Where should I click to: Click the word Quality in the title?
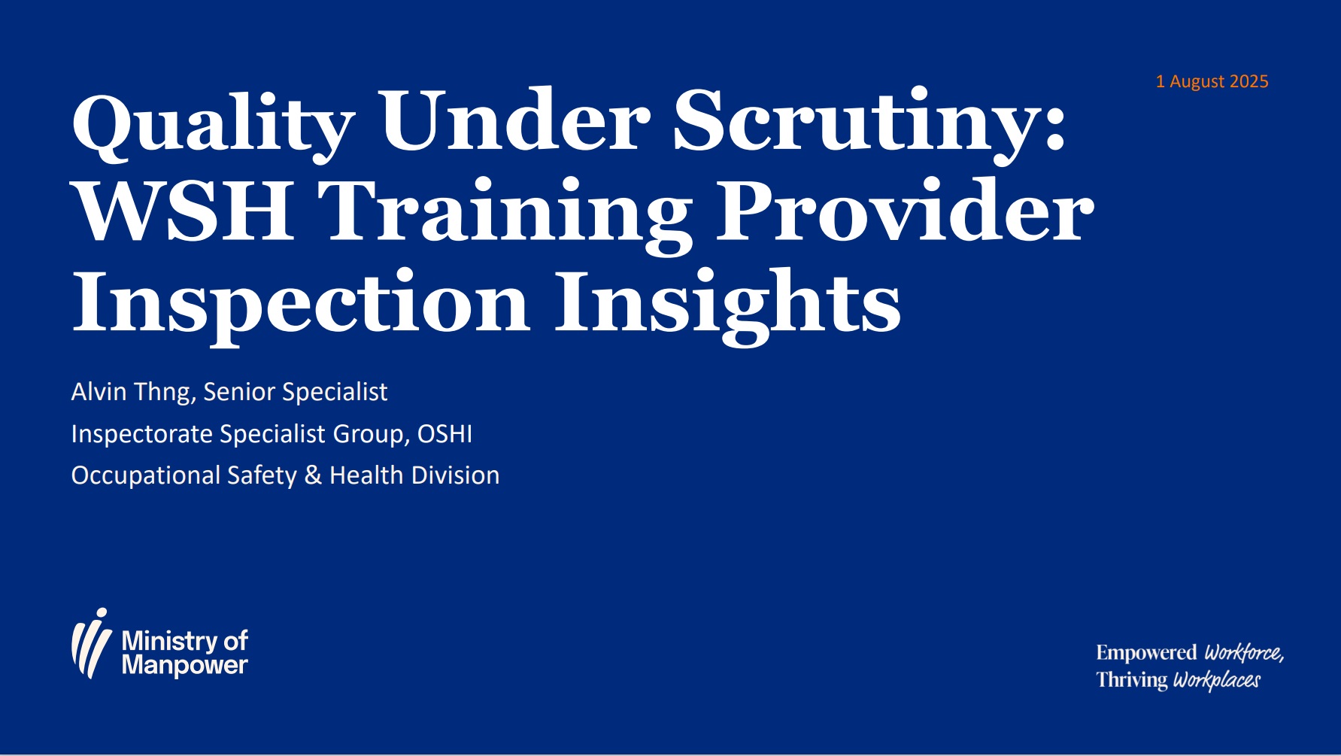214,125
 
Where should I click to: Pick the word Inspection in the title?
302,304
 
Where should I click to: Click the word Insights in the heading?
728,304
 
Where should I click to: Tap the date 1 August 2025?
1212,81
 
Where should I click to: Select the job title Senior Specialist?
296,392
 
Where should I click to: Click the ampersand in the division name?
314,475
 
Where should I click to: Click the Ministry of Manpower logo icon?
92,643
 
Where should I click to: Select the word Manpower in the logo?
184,666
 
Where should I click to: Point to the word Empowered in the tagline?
1146,652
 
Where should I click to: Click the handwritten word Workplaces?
1217,680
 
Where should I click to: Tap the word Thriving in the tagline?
1132,680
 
